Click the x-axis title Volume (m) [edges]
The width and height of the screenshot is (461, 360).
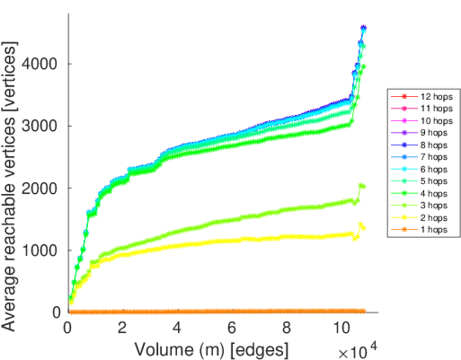click(211, 349)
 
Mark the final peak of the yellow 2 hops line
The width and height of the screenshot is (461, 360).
click(361, 225)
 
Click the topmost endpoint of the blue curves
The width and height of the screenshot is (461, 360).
click(363, 28)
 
